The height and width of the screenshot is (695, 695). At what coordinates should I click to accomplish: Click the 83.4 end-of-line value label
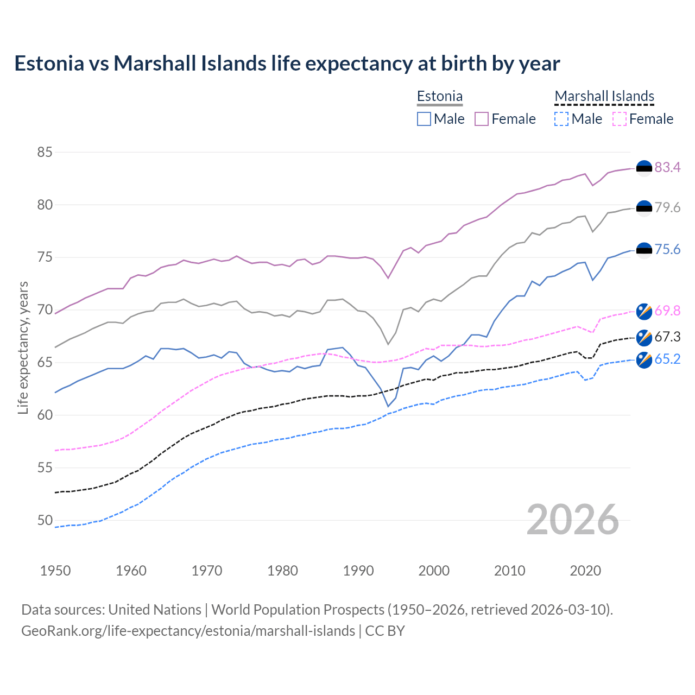(667, 167)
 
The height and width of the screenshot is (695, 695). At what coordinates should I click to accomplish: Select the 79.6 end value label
(667, 207)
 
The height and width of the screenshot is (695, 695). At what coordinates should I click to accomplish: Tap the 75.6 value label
(667, 249)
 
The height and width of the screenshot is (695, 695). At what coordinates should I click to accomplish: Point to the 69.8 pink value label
(667, 311)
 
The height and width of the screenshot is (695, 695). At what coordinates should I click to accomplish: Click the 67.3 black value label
(667, 337)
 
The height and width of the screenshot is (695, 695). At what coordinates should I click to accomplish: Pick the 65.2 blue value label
(667, 359)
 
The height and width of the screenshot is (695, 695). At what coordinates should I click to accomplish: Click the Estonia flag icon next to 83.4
(644, 168)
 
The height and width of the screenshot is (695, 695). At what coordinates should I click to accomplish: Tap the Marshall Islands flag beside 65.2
(644, 360)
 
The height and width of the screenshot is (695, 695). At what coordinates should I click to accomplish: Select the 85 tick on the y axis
(45, 152)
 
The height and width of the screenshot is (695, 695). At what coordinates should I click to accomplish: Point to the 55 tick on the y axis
(45, 467)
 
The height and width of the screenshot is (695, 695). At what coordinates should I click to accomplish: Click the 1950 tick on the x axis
(55, 571)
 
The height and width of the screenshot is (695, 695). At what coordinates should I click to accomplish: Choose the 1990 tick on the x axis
(358, 571)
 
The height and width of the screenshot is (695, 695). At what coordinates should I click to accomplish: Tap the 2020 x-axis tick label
(585, 571)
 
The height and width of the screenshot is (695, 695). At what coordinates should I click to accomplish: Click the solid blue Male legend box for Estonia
(424, 119)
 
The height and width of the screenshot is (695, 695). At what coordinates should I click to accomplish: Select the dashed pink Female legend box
(620, 119)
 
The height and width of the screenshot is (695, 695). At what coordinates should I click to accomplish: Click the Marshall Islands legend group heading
(604, 96)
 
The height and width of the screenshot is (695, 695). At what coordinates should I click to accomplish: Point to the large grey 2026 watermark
(573, 520)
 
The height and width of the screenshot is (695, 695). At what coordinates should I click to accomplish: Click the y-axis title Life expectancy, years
(23, 347)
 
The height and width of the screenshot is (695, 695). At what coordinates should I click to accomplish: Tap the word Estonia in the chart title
(49, 64)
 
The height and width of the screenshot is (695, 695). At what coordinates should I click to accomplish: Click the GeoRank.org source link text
(188, 631)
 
